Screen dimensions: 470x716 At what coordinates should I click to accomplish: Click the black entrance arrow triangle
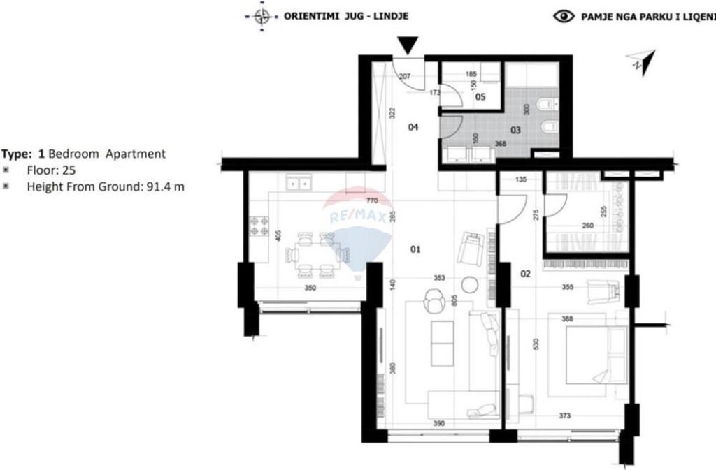(410, 46)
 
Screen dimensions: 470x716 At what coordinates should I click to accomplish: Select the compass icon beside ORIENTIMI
(262, 15)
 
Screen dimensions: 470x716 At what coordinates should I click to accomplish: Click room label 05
(480, 97)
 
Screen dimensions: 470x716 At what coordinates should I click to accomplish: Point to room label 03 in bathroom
(515, 130)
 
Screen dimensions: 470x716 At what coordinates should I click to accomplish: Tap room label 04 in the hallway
(413, 127)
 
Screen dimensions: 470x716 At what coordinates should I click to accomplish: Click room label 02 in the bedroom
(526, 273)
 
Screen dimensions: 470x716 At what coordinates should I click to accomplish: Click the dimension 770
(373, 200)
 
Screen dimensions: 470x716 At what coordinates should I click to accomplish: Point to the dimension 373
(564, 416)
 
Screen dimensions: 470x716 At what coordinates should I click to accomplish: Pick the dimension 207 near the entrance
(404, 76)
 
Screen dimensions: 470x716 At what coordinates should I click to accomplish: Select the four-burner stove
(261, 226)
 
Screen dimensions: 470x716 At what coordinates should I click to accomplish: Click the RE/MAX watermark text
(358, 217)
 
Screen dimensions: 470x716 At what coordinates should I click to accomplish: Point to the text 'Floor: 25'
(51, 170)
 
